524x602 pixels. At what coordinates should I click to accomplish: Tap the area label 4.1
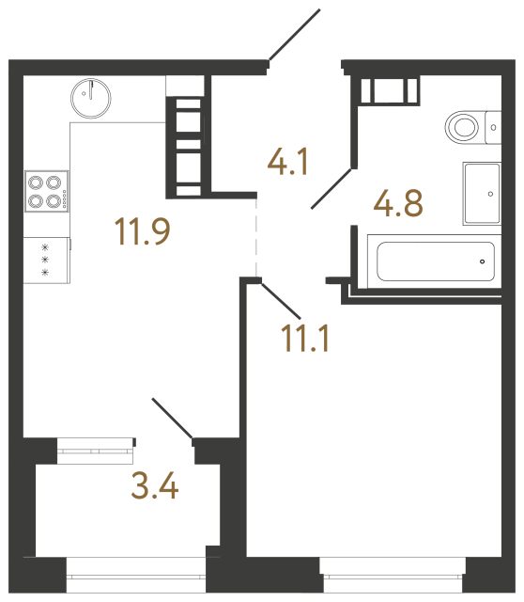(x=288, y=165)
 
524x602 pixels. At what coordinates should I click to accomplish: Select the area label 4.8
(x=398, y=201)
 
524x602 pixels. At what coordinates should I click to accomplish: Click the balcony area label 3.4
(x=155, y=487)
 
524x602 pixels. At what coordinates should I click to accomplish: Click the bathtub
(x=435, y=261)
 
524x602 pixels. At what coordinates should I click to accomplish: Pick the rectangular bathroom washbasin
(x=487, y=193)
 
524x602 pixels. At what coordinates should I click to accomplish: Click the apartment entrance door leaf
(x=295, y=36)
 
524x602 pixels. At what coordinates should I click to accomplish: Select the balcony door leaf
(x=172, y=418)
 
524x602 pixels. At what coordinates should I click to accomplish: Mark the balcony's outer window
(x=136, y=567)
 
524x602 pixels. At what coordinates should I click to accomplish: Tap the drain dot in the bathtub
(x=482, y=261)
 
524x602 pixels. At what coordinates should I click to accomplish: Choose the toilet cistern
(x=494, y=125)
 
